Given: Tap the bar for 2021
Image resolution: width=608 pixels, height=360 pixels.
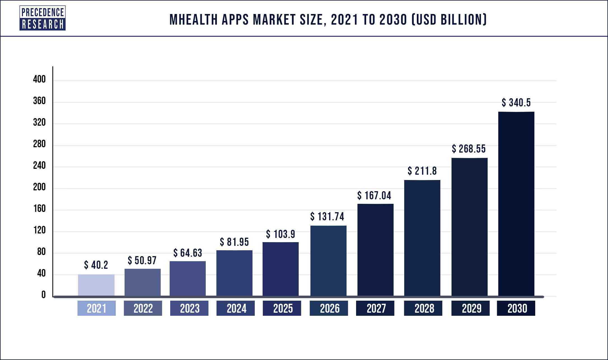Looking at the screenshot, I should click(96, 285).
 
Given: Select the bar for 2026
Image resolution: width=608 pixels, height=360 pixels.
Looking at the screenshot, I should click(328, 260).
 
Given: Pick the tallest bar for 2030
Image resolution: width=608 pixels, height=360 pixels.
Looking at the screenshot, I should click(516, 204).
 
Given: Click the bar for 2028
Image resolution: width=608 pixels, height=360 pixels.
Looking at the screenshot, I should click(422, 238).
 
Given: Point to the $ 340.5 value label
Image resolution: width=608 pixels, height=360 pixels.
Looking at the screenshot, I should click(516, 103).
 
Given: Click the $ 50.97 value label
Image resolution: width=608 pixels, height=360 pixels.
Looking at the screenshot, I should click(142, 261).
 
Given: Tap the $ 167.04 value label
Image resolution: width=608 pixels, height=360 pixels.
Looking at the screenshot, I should click(374, 196).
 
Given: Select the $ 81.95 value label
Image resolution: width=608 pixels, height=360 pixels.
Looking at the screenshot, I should click(234, 242).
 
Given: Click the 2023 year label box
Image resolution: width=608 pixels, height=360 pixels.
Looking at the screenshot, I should click(189, 308).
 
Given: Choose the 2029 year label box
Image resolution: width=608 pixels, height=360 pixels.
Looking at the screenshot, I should click(471, 308).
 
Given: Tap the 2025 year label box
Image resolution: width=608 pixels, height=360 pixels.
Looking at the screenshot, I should click(282, 308).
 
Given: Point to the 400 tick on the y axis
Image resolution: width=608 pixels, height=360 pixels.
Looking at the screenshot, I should click(39, 80).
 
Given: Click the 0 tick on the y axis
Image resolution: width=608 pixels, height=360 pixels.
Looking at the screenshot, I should click(43, 295).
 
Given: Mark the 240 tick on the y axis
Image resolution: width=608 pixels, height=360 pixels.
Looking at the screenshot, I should click(39, 166).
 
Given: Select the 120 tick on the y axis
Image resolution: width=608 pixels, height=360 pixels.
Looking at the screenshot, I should click(39, 230).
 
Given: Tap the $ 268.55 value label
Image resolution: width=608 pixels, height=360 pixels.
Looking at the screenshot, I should click(469, 149).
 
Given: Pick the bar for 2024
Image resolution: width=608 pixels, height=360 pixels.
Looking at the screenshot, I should click(234, 273).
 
